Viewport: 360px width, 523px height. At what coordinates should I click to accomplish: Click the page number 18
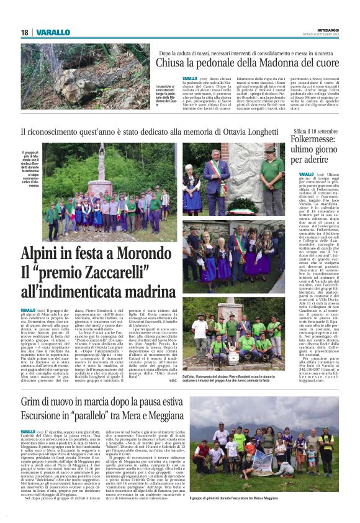coord(25,32)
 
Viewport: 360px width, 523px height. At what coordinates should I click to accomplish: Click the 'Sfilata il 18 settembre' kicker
coord(316,132)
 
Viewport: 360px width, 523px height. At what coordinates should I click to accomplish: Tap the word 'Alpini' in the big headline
coord(43,255)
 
